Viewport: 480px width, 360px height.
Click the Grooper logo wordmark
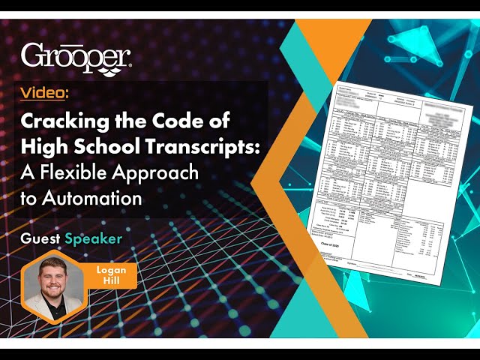point(76,55)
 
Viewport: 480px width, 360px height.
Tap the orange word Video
point(44,93)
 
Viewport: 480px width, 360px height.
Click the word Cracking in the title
point(62,120)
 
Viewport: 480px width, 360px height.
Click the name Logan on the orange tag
point(112,269)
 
